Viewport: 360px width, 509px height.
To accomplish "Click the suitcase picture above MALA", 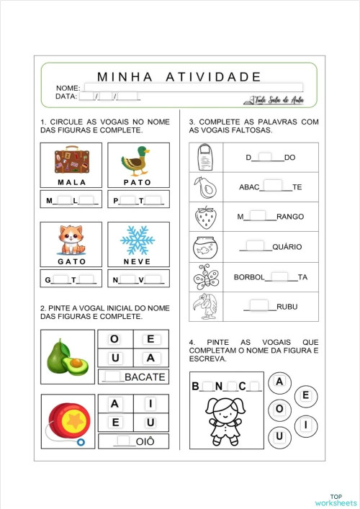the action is pyautogui.click(x=71, y=161).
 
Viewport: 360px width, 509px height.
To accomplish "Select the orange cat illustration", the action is pyautogui.click(x=71, y=240).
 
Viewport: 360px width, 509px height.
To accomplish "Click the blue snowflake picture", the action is pyautogui.click(x=138, y=240).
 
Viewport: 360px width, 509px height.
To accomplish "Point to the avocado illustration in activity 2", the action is pyautogui.click(x=68, y=356).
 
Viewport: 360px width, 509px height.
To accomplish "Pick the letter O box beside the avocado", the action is pyautogui.click(x=115, y=339).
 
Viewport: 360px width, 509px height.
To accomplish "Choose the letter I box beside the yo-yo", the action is pyautogui.click(x=150, y=404).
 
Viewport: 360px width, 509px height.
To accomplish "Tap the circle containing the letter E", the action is pyautogui.click(x=305, y=395).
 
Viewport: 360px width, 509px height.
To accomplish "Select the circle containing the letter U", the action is pyautogui.click(x=279, y=435).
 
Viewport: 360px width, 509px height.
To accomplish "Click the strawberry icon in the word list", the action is pyautogui.click(x=204, y=217).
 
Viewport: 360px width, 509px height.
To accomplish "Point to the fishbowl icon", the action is pyautogui.click(x=204, y=247).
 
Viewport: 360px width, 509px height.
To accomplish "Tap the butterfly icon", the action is pyautogui.click(x=204, y=276).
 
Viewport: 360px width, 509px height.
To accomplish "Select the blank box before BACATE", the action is pyautogui.click(x=113, y=376).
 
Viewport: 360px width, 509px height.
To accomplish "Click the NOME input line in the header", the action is pyautogui.click(x=191, y=87).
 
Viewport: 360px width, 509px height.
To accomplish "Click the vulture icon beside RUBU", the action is pyautogui.click(x=204, y=307).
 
